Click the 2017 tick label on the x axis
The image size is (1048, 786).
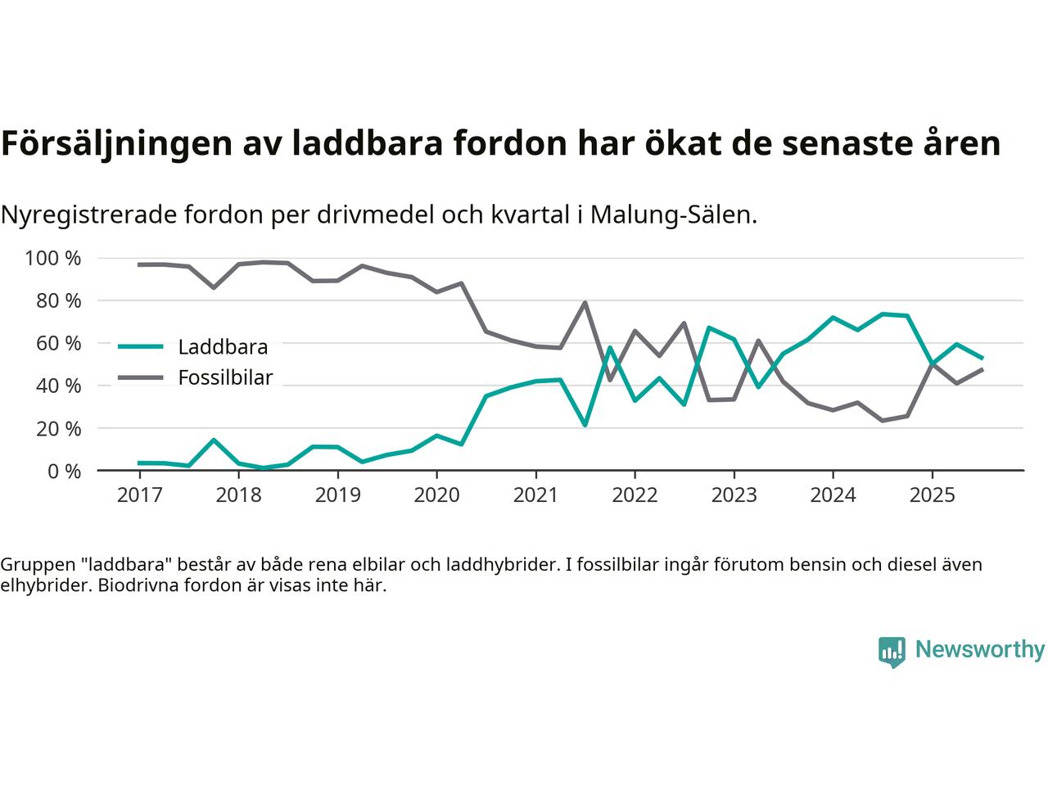click(x=139, y=495)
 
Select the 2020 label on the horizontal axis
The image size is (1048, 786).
click(x=436, y=495)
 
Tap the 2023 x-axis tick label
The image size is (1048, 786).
click(x=734, y=495)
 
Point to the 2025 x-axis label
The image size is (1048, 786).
click(x=932, y=495)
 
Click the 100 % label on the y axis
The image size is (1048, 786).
click(x=53, y=259)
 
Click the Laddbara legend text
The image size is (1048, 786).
click(x=223, y=347)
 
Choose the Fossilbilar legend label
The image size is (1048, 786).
click(x=225, y=378)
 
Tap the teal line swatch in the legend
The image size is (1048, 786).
click(x=141, y=346)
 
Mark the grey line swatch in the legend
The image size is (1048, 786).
click(x=141, y=377)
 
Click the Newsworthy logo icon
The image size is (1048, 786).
click(x=892, y=651)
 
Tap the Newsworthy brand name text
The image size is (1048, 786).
click(x=979, y=650)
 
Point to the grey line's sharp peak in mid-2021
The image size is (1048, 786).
click(x=585, y=303)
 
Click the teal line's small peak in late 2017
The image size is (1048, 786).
click(x=214, y=440)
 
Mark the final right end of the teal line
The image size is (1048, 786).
click(x=982, y=358)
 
